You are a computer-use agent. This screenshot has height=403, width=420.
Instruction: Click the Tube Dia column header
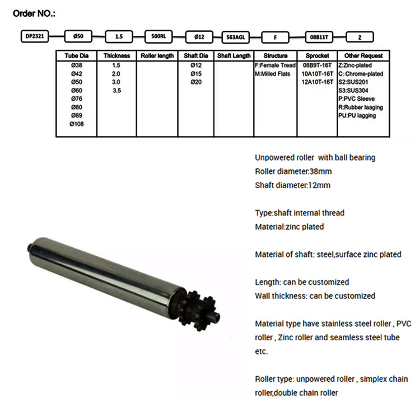76,56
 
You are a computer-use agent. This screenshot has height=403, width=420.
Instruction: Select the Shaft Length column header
234,56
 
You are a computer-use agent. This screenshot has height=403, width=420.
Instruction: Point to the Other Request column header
363,56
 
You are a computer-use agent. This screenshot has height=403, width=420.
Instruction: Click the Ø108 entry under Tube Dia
76,124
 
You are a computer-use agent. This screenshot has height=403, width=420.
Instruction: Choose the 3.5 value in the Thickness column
116,90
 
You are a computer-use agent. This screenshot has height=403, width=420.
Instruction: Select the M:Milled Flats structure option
273,73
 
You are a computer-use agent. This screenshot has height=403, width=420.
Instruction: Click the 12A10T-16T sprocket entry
318,82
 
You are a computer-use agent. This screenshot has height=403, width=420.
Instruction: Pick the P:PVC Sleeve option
357,99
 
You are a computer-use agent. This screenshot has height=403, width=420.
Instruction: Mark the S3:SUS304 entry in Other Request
353,90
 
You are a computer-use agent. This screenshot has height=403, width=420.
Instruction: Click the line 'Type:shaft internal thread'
300,213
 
